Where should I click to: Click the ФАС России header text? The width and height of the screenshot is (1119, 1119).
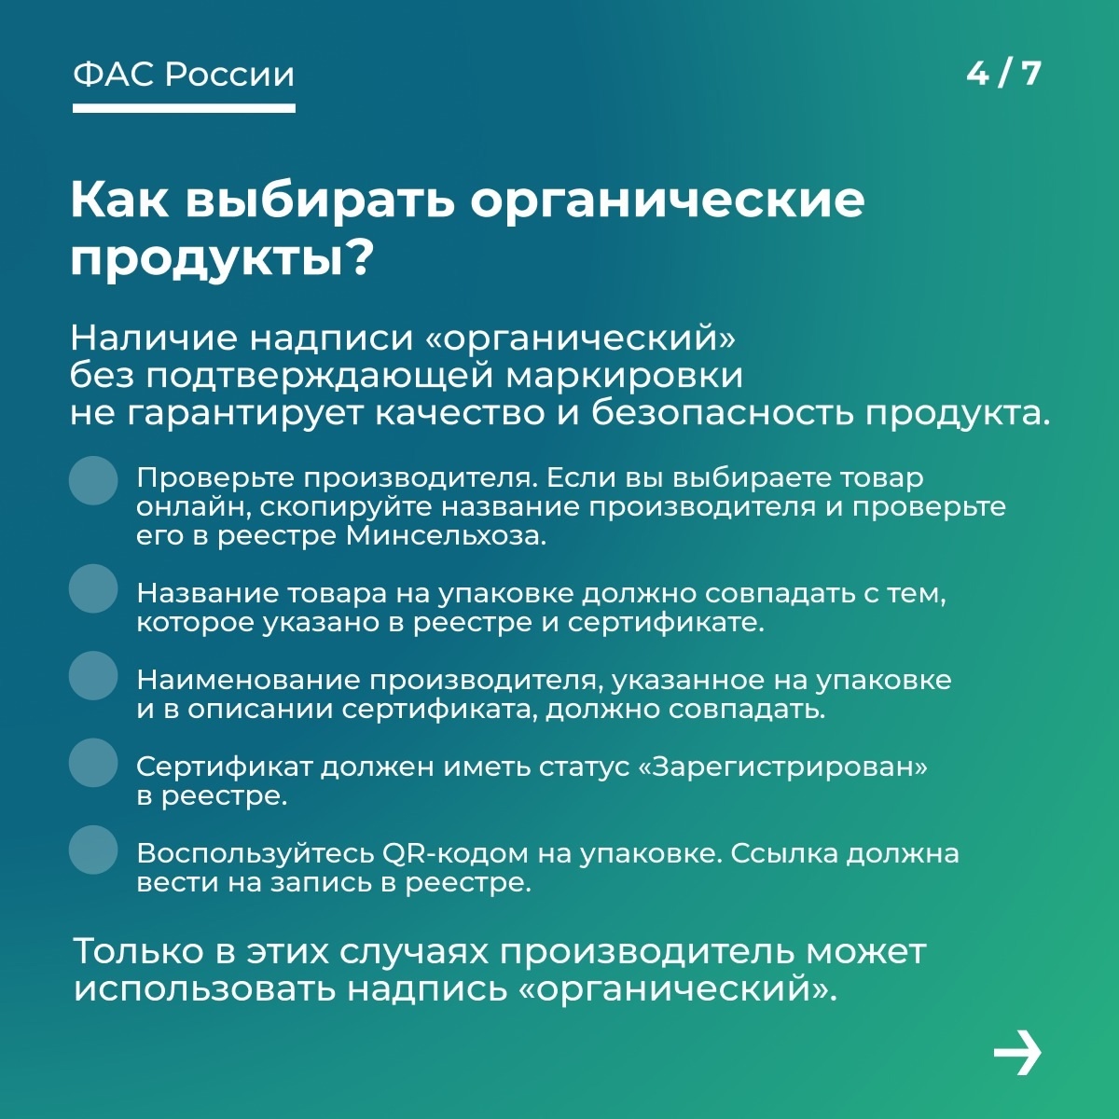pos(184,75)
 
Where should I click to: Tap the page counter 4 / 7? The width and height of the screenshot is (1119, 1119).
pos(1004,74)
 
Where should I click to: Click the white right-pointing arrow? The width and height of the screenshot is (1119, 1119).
pos(1017,1052)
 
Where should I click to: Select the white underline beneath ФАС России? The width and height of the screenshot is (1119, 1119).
pos(184,108)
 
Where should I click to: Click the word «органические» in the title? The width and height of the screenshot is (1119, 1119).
pos(668,200)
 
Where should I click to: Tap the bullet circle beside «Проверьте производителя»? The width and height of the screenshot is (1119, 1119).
pos(93,480)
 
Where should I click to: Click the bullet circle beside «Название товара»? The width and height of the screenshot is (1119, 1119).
pos(93,588)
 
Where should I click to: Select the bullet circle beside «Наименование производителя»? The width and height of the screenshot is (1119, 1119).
pos(93,675)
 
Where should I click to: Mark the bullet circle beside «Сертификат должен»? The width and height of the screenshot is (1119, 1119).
pos(93,763)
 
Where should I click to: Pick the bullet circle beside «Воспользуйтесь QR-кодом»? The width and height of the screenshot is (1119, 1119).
pos(93,850)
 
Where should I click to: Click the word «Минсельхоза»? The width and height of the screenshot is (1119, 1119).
pos(446,535)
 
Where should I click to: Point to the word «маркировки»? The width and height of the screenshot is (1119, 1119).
pos(624,376)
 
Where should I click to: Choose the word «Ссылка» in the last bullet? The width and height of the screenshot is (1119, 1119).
pos(784,854)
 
